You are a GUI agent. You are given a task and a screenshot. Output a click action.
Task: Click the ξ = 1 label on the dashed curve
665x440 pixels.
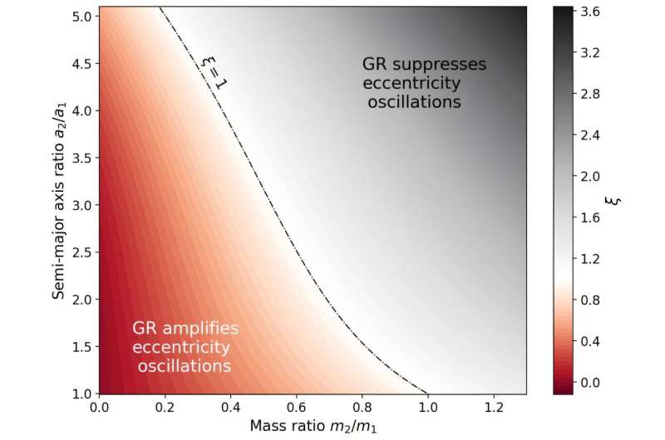pos(214,72)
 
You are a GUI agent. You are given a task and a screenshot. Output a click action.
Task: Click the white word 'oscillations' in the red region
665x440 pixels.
pos(185,365)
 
